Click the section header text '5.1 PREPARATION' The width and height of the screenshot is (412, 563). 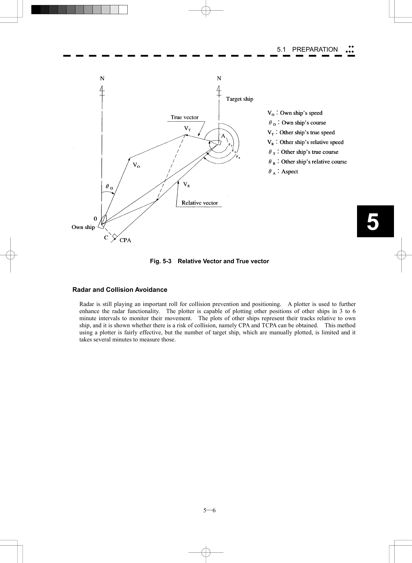pyautogui.click(x=307, y=50)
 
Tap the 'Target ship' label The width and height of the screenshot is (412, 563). pyautogui.click(x=239, y=99)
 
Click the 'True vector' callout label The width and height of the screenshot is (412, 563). pyautogui.click(x=184, y=117)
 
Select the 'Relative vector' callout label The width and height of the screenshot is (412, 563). pyautogui.click(x=199, y=203)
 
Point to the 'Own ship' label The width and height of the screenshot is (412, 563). pyautogui.click(x=83, y=227)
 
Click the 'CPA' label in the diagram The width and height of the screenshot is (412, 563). pyautogui.click(x=125, y=240)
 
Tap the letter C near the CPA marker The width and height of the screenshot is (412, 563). pyautogui.click(x=106, y=238)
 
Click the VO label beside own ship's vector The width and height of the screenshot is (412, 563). pyautogui.click(x=136, y=165)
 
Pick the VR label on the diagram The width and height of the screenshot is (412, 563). pyautogui.click(x=186, y=185)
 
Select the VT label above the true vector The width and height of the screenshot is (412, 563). pyautogui.click(x=187, y=129)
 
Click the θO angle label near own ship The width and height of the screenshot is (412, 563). pyautogui.click(x=109, y=187)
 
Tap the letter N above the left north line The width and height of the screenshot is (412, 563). pyautogui.click(x=102, y=78)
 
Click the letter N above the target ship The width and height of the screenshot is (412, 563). pyautogui.click(x=219, y=78)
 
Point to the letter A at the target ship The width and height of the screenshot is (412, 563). pyautogui.click(x=223, y=136)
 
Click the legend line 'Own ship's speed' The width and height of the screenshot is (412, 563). pyautogui.click(x=301, y=113)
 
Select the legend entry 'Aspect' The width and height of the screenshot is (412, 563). pyautogui.click(x=289, y=172)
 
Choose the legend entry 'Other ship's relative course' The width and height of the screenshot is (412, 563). pyautogui.click(x=314, y=162)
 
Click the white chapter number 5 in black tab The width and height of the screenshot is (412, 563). pyautogui.click(x=373, y=222)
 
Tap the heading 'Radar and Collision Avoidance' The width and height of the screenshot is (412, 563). pyautogui.click(x=120, y=290)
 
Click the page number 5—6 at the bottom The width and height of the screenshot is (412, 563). pyautogui.click(x=209, y=510)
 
